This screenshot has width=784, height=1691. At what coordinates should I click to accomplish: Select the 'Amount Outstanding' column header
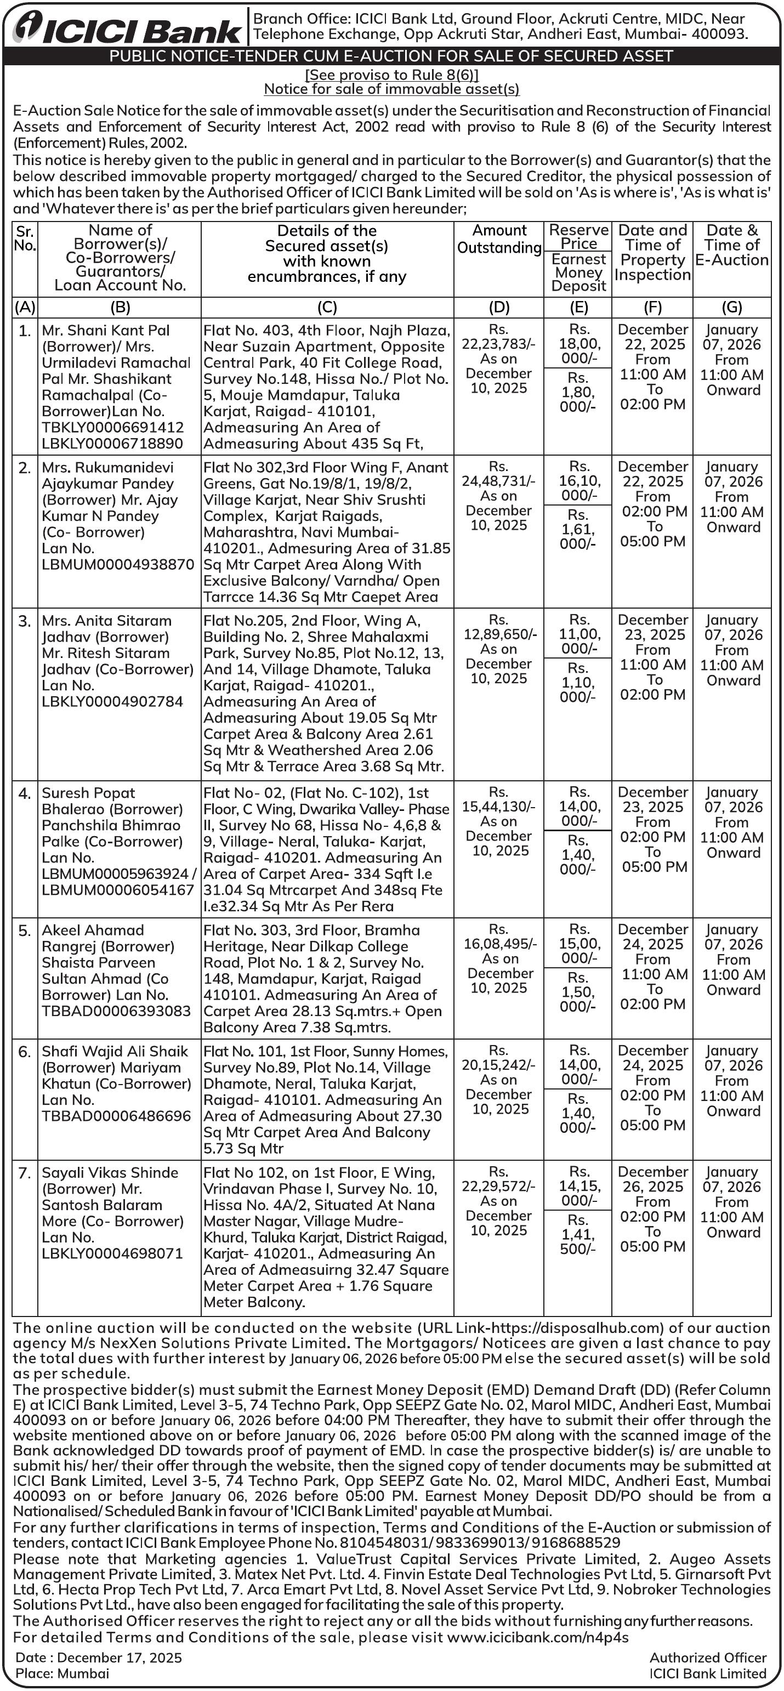499,239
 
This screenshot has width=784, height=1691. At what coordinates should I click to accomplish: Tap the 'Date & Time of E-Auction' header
731,245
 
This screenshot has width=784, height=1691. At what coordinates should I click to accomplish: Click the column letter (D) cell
499,307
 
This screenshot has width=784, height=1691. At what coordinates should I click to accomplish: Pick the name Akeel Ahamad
93,930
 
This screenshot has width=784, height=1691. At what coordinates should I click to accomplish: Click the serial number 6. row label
24,1052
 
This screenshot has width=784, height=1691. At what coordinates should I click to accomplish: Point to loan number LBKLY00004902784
112,701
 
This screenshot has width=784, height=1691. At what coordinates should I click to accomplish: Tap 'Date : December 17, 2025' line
99,1658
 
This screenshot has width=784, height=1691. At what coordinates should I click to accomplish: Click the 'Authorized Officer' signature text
708,1658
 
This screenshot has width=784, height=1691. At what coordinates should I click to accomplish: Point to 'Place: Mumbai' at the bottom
63,1673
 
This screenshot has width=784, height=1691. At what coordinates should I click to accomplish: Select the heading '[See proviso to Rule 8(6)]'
392,75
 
